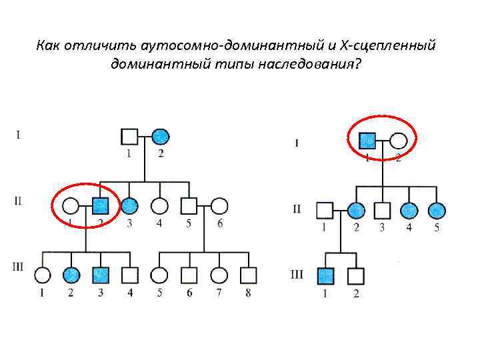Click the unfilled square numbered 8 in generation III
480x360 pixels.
(248, 274)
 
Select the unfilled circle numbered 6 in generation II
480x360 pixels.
(219, 205)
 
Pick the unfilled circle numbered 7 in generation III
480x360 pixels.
(218, 274)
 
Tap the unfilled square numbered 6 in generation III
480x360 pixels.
(189, 274)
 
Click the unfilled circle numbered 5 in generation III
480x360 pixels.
(159, 274)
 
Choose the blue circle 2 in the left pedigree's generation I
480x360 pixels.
(159, 137)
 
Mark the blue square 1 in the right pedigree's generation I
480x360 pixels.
(367, 141)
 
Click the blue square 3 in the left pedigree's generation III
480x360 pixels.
(100, 274)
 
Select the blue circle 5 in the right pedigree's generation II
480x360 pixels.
(437, 211)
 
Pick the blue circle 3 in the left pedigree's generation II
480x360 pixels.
(129, 205)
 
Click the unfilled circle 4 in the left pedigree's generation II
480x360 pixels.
(159, 205)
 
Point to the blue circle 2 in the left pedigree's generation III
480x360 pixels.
(71, 274)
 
